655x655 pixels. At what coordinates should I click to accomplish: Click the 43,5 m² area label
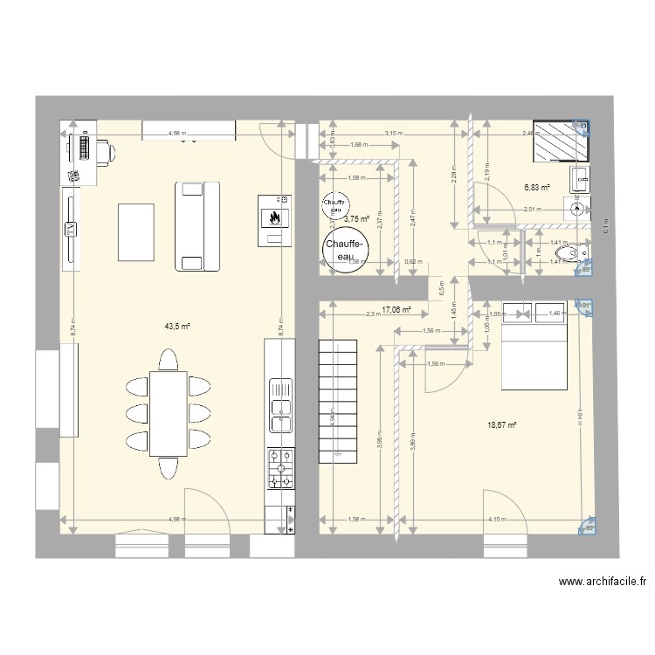click(x=178, y=327)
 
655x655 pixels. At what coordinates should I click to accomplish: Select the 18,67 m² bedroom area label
click(x=502, y=425)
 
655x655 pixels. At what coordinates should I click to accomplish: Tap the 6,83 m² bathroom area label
click(x=536, y=187)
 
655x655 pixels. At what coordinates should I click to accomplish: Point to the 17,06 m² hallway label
click(x=396, y=309)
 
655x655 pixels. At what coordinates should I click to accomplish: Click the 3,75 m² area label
click(x=356, y=220)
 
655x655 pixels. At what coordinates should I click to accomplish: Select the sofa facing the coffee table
click(x=196, y=225)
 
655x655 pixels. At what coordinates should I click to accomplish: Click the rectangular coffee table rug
click(x=135, y=231)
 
